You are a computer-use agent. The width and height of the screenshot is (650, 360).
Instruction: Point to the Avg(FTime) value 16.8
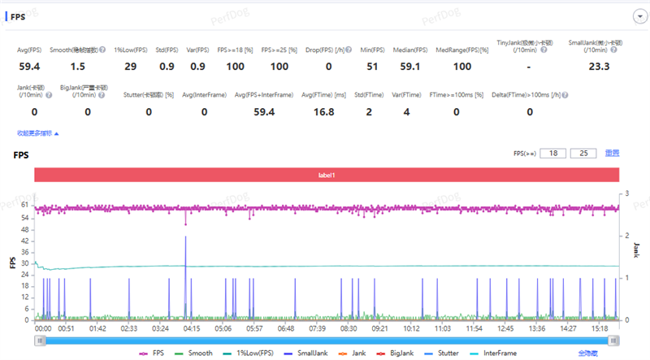324,112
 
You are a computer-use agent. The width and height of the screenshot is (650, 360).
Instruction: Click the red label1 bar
326,175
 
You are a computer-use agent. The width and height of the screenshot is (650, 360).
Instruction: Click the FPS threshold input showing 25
583,153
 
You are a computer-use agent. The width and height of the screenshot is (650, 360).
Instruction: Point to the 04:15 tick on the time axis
192,328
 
